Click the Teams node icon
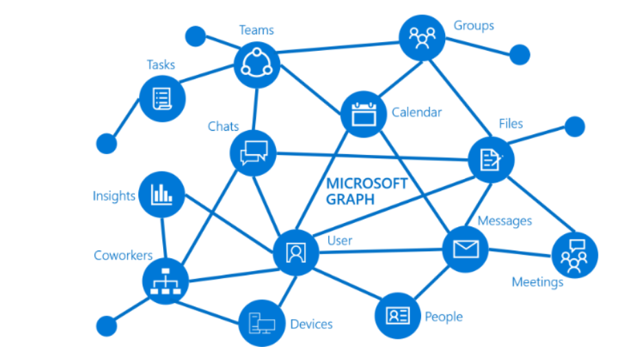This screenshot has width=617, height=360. coord(257,64)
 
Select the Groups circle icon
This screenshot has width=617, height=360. coord(422,36)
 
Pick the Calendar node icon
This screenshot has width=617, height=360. coord(362,114)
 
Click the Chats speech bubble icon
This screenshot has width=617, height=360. coord(252,153)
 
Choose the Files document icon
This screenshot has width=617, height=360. coord(490,160)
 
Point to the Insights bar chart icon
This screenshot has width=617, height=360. coord(161,195)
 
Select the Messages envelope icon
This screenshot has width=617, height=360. coord(465,248)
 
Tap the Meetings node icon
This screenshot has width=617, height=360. coord(574,255)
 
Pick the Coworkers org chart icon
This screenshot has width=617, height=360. coord(165,282)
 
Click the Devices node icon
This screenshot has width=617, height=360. coord(261,323)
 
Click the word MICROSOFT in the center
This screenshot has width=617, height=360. coord(367,184)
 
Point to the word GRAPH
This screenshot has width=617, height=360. coord(350,200)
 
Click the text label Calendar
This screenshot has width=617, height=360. coord(416,112)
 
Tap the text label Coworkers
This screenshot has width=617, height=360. coord(123,255)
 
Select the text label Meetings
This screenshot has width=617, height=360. coord(537,282)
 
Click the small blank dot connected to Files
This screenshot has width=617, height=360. coord(574,127)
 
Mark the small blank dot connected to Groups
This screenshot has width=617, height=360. coord(519,54)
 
